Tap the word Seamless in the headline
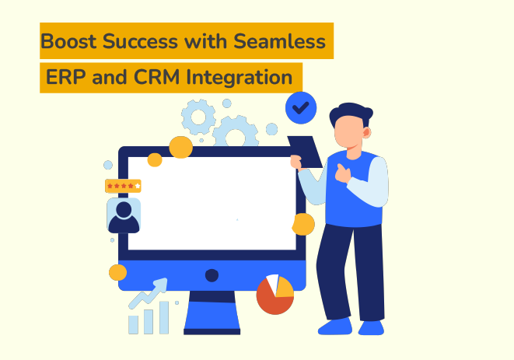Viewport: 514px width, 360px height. tap(288, 41)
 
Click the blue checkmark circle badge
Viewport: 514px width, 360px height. tap(301, 108)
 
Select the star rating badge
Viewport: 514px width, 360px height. tap(123, 186)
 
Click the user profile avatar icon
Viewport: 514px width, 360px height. tap(123, 215)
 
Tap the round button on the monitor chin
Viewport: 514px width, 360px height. tap(212, 275)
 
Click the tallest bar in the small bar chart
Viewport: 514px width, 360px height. tap(164, 317)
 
